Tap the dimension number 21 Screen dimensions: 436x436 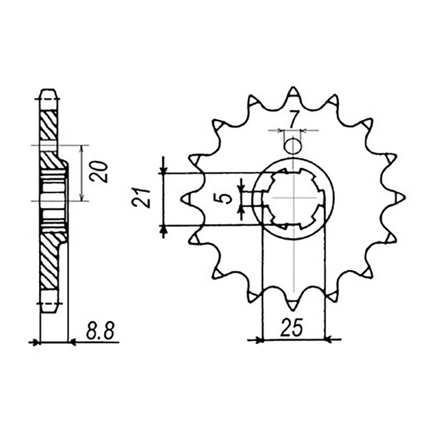coord(141,198)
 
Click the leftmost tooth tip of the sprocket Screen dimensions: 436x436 coord(185,198)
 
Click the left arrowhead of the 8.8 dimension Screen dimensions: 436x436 coord(37,342)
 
